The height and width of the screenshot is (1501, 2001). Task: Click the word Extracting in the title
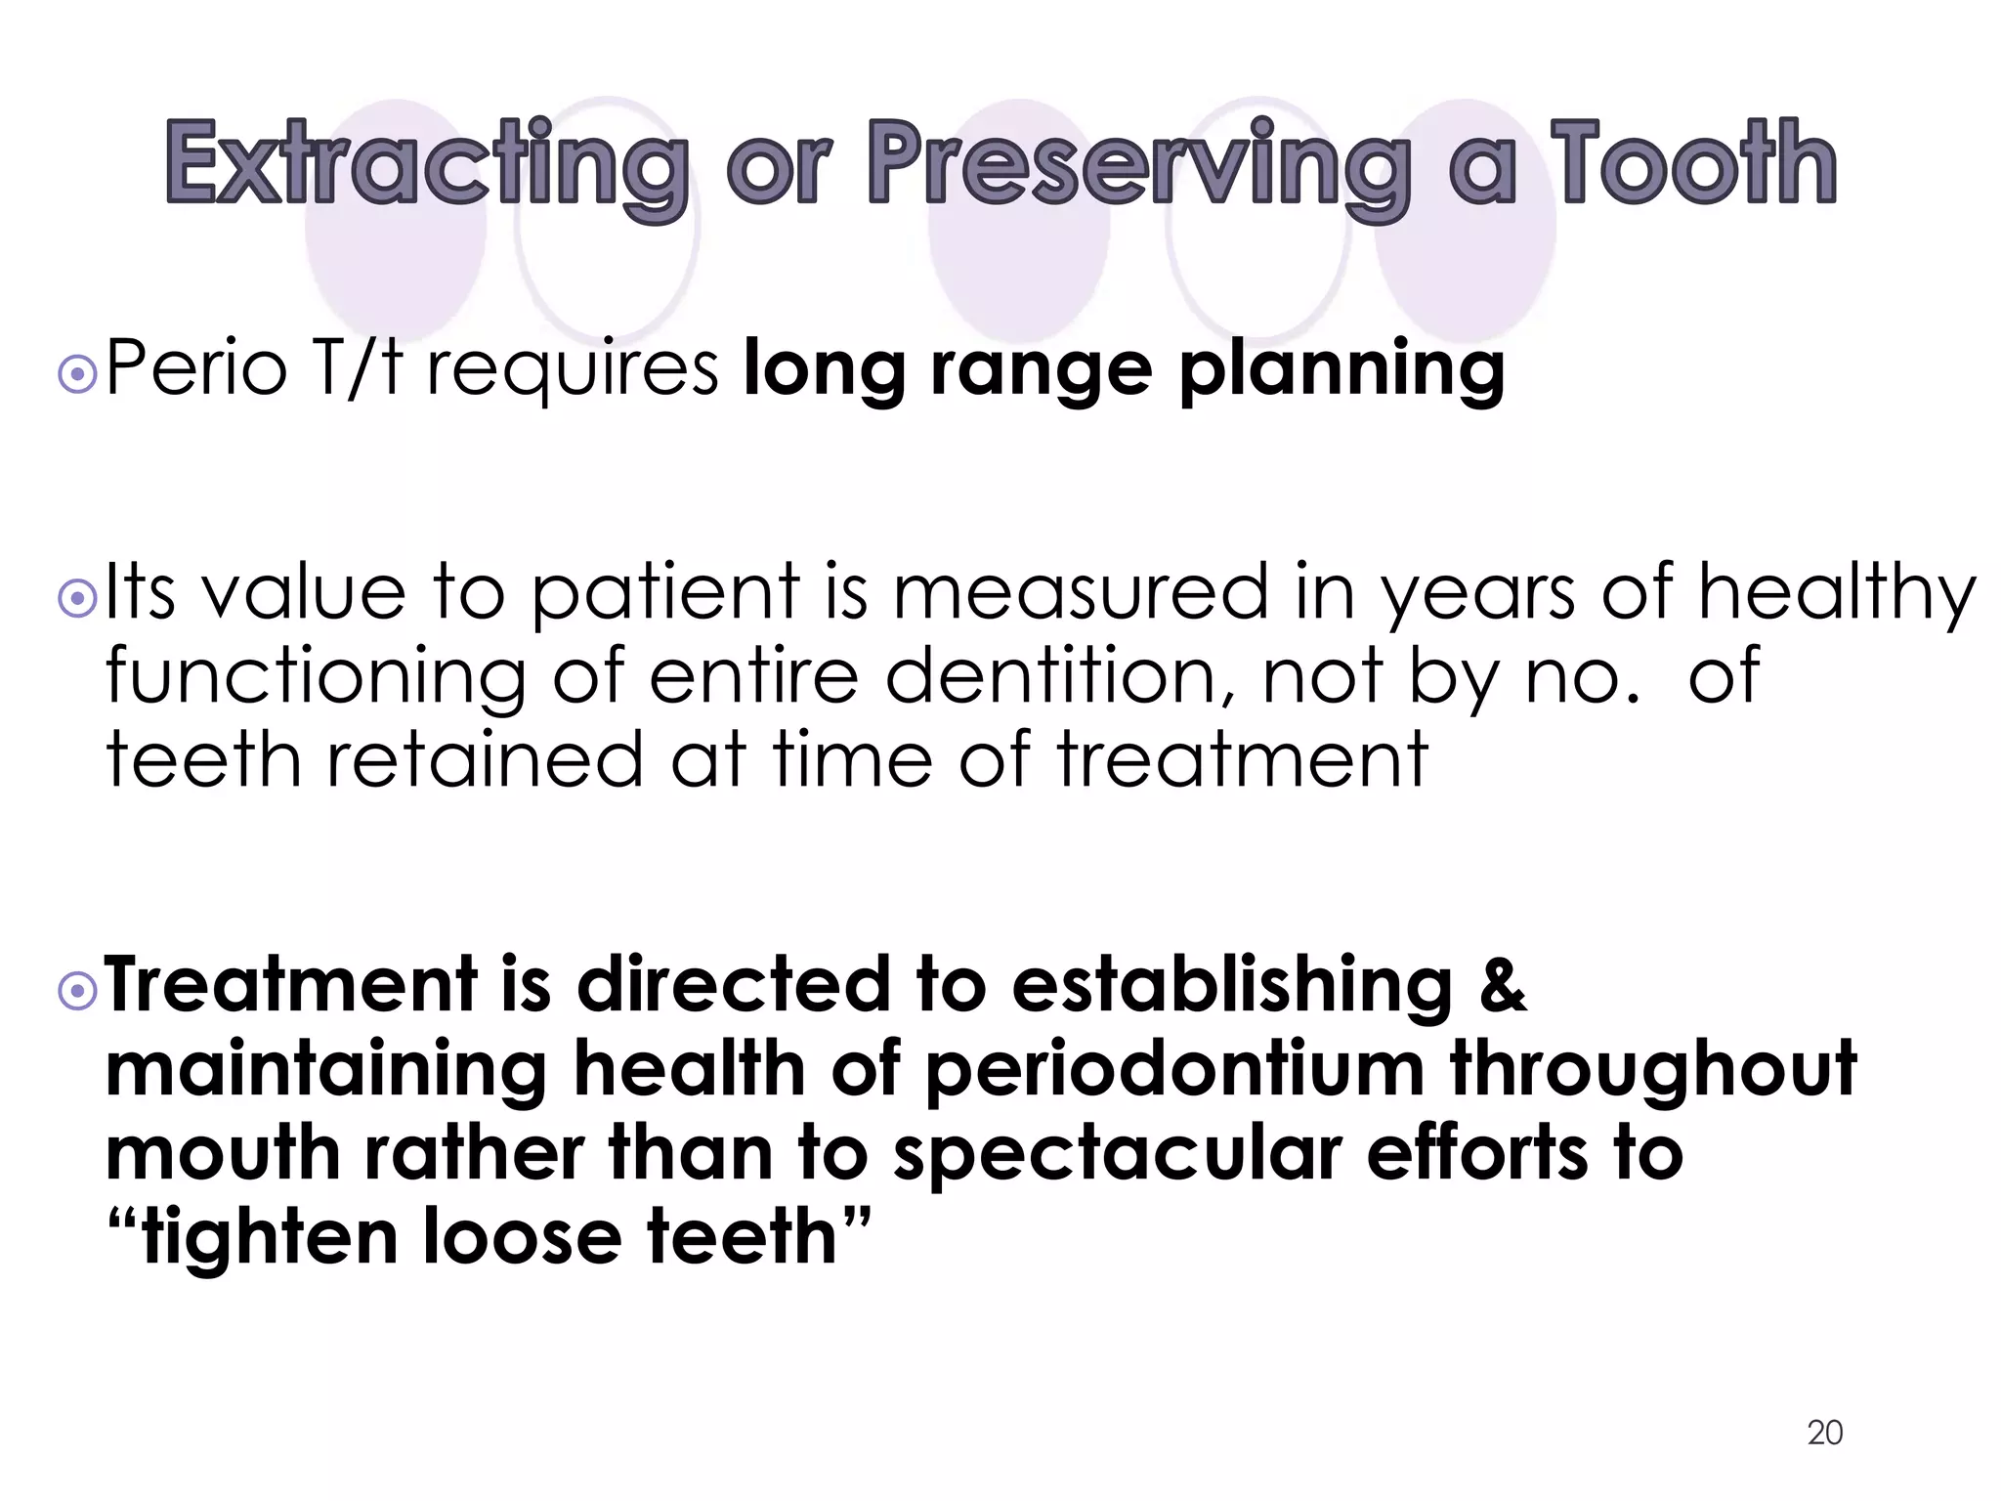pyautogui.click(x=426, y=164)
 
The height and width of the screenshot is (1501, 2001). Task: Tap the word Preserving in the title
pyautogui.click(x=1138, y=164)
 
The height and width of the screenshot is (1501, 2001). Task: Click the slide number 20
pyautogui.click(x=1824, y=1433)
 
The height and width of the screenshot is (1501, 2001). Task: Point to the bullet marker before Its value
pyautogui.click(x=77, y=598)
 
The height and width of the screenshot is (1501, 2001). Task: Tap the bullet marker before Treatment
pyautogui.click(x=77, y=992)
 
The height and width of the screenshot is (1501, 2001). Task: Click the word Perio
pyautogui.click(x=196, y=368)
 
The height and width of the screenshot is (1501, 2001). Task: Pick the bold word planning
pyautogui.click(x=1341, y=371)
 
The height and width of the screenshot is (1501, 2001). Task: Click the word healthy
pyautogui.click(x=1837, y=594)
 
